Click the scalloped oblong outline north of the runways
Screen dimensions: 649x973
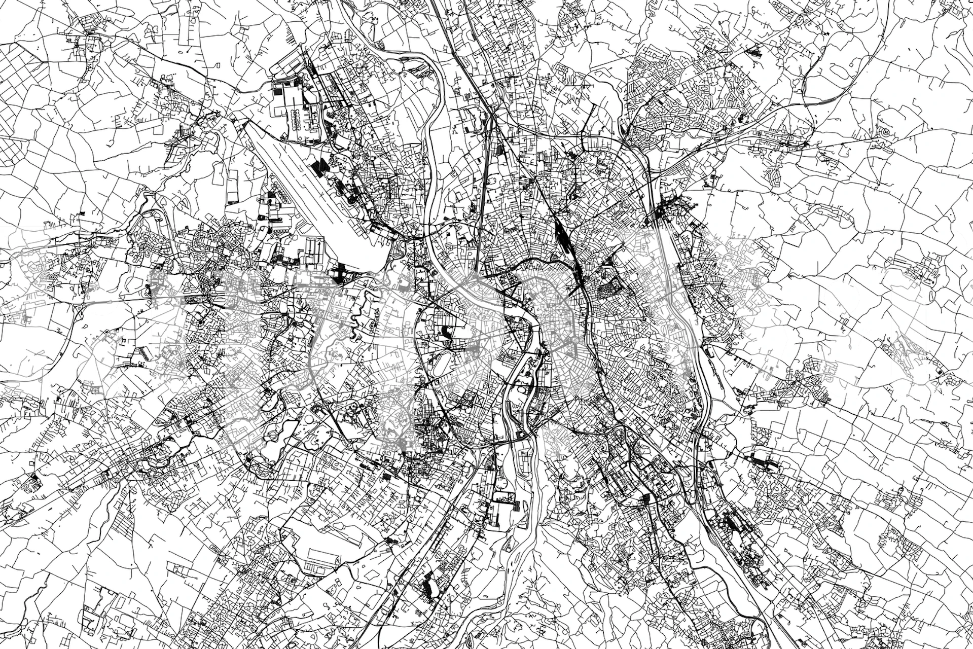(x=295, y=117)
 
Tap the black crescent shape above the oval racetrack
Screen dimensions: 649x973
(x=447, y=331)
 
